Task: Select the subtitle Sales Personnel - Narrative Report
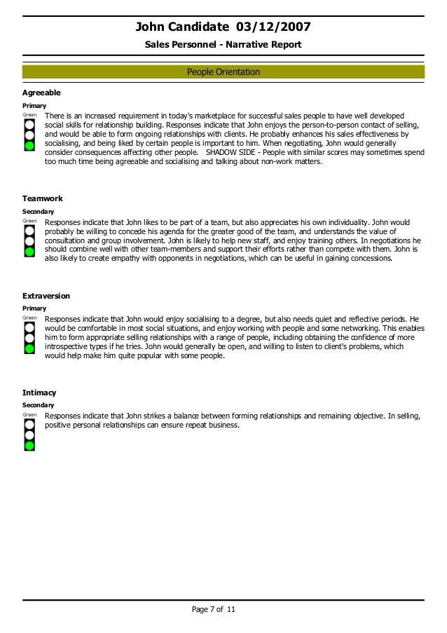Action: [223, 45]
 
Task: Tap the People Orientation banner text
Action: [223, 72]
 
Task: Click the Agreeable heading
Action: [41, 93]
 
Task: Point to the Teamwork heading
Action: [42, 199]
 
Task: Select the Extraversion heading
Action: [46, 296]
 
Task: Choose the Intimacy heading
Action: [39, 393]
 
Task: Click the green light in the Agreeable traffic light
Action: [29, 146]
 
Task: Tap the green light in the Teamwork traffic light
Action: [29, 251]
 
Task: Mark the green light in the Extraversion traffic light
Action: [29, 348]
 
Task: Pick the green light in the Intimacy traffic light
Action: [29, 444]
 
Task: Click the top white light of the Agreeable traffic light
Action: [29, 122]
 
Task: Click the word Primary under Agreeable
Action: [34, 105]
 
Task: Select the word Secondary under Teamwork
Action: [39, 212]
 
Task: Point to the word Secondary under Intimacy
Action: [39, 405]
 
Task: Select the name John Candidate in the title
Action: [182, 27]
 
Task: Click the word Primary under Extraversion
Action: [34, 308]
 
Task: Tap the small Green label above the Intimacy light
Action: [29, 414]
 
